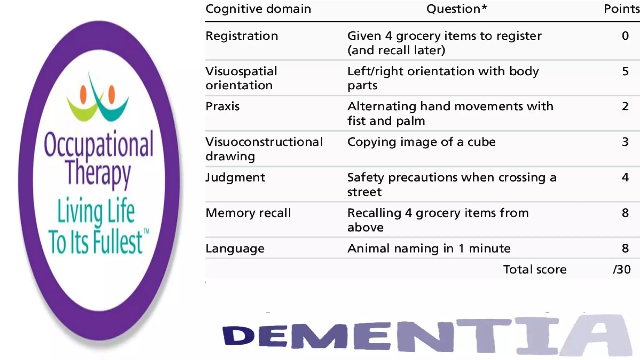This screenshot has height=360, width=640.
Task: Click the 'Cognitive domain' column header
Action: [258, 9]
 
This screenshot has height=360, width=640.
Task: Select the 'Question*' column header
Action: [457, 9]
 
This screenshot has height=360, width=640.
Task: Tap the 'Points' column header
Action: [621, 9]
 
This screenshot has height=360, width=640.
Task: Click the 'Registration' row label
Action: [242, 36]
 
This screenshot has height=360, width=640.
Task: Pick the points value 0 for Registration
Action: [625, 36]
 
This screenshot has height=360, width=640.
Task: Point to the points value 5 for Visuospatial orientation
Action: [625, 71]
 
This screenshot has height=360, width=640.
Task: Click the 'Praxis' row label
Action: [222, 107]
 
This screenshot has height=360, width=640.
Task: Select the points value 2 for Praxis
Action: [625, 107]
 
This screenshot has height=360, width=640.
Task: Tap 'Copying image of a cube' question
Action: [421, 142]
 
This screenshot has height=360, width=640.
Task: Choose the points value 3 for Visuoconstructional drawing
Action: [625, 142]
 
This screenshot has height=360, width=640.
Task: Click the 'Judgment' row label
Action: [235, 177]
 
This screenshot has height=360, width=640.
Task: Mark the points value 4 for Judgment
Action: [625, 177]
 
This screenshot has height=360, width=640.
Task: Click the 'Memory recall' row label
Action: [248, 213]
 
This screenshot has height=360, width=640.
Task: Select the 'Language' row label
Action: [235, 249]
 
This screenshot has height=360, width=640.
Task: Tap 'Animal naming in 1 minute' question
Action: [429, 249]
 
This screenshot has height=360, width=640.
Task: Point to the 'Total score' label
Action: [535, 269]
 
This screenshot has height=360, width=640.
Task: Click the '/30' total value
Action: [622, 269]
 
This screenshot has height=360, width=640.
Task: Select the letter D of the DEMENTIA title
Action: [238, 336]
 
